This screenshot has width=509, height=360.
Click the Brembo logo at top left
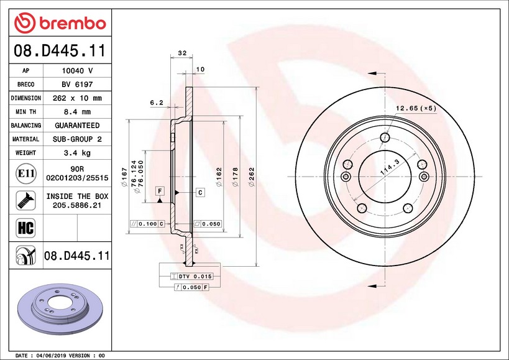(60, 23)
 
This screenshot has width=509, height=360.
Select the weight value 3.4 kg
(77, 153)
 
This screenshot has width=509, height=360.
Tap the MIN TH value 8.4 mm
(77, 112)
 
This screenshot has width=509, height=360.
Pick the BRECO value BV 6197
(77, 85)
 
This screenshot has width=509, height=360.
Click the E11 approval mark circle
(26, 173)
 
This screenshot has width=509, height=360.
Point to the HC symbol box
(25, 228)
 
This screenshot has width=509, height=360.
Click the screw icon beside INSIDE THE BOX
(25, 200)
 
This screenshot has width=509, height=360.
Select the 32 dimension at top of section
(183, 53)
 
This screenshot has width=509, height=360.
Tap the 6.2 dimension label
(157, 103)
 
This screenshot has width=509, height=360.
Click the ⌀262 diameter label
(252, 177)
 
